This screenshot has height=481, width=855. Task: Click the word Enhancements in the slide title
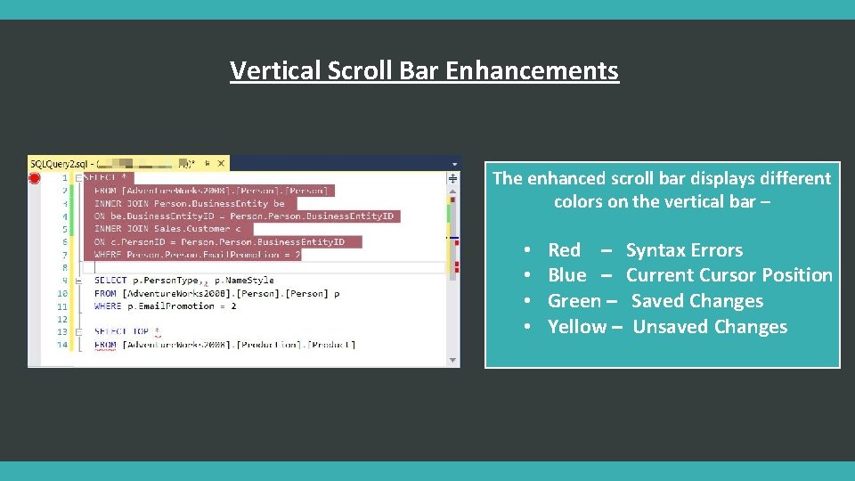(532, 70)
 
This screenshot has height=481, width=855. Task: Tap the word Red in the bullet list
(564, 250)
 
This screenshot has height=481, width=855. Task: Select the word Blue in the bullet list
(567, 275)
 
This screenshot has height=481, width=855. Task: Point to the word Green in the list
(574, 301)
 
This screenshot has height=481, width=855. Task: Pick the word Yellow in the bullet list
(577, 327)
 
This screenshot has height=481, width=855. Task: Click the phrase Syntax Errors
(684, 250)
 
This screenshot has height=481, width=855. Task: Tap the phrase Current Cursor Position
(729, 275)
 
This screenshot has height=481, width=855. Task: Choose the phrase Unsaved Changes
(710, 327)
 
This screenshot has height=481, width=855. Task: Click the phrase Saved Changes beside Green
(697, 301)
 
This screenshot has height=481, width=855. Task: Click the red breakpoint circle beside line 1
(35, 178)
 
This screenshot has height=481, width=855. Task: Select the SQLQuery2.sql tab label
(60, 164)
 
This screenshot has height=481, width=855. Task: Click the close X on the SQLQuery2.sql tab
(221, 164)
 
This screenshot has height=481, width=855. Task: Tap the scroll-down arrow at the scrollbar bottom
(453, 360)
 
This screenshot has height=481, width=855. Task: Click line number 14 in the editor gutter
(62, 345)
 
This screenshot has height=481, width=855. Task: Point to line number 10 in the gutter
(62, 293)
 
